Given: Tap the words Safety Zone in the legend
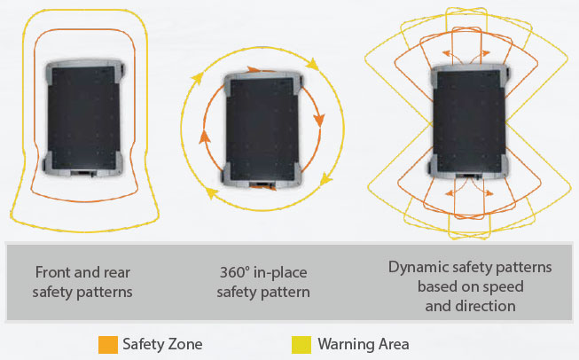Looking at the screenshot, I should (161, 342).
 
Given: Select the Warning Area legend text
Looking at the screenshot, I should (364, 342).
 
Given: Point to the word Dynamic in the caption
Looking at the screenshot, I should (417, 265).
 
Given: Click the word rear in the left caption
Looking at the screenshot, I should (112, 273).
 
